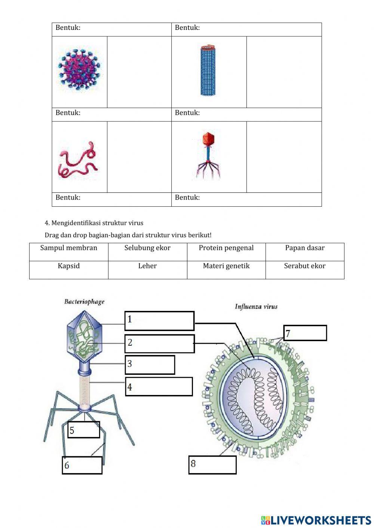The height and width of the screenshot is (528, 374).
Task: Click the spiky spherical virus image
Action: coord(79,70)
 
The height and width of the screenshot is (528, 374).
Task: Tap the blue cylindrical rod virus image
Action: coord(208,71)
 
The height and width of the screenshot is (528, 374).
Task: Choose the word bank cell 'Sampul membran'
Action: coord(69,248)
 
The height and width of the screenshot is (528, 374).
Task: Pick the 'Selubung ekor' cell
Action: coord(147,248)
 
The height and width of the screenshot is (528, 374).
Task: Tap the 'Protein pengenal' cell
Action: coord(226,248)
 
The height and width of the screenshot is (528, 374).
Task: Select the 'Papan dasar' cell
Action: coord(305,248)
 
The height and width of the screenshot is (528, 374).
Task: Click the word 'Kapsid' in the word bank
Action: coord(69,266)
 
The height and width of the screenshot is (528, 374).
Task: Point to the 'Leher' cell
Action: coord(147,266)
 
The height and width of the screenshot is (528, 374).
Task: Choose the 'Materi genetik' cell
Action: coord(226,266)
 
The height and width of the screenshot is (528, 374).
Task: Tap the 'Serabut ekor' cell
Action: coord(305,266)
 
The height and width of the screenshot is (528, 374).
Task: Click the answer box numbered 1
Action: coord(159,321)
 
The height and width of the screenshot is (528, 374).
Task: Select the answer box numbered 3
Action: coord(150,365)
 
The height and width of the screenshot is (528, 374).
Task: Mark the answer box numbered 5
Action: coord(84,430)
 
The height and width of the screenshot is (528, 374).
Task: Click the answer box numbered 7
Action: coord(305,333)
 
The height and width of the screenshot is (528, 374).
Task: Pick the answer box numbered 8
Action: coord(212,465)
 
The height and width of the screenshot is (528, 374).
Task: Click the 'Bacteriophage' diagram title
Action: coord(85,302)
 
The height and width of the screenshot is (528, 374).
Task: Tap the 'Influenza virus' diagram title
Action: coord(256,307)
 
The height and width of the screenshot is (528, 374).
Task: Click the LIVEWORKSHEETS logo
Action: coord(316,520)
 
